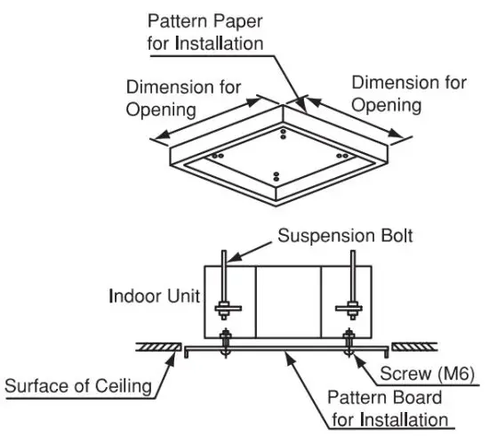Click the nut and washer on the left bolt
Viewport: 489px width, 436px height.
pyautogui.click(x=228, y=311)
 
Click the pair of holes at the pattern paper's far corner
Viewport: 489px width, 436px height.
pyautogui.click(x=283, y=133)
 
